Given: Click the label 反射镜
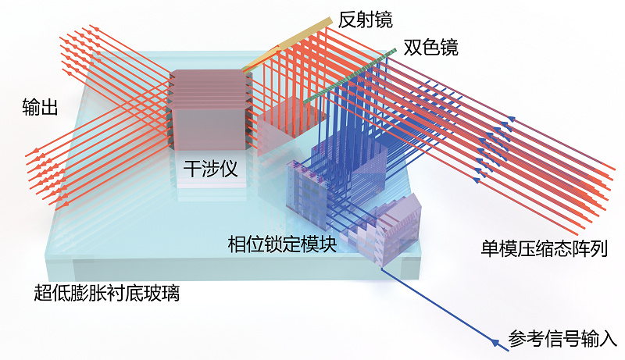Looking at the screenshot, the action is click(x=366, y=20).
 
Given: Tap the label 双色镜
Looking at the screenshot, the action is click(x=431, y=48).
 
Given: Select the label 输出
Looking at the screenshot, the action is click(x=41, y=107).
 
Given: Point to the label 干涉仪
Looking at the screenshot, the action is click(x=210, y=169).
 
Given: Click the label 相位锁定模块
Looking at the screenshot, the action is click(x=282, y=244).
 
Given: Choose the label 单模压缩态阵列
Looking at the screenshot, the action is click(x=545, y=248).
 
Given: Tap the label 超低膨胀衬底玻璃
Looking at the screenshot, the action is click(x=107, y=293).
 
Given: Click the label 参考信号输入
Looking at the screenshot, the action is click(x=562, y=339).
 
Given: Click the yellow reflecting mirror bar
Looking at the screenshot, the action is click(x=287, y=43).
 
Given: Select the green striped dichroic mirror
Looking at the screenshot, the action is click(x=350, y=76).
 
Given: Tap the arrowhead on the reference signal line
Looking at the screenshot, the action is click(x=495, y=343).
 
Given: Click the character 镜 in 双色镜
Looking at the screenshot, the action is click(x=449, y=48).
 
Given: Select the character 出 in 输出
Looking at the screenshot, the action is click(x=49, y=107).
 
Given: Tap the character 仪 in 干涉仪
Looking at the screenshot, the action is click(x=229, y=169).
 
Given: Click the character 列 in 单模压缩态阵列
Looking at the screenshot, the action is click(x=600, y=248).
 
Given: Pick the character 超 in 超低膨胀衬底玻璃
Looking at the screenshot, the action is click(x=43, y=293).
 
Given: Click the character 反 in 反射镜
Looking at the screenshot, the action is click(x=348, y=20).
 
